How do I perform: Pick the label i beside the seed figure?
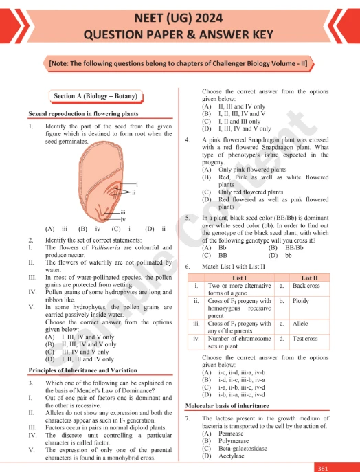[137, 185]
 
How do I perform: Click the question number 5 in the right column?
[188, 218]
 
